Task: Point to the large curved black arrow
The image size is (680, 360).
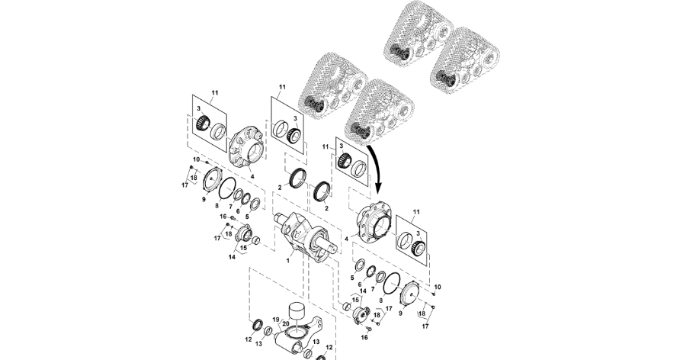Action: tap(377, 169)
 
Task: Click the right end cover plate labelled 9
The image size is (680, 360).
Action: tap(412, 292)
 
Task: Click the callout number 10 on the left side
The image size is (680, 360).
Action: tap(195, 159)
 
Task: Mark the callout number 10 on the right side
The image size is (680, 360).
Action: tap(437, 288)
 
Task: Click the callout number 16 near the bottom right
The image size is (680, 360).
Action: tap(364, 336)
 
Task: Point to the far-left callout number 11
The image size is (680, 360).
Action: tap(214, 92)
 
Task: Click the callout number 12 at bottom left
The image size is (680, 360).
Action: tap(249, 338)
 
